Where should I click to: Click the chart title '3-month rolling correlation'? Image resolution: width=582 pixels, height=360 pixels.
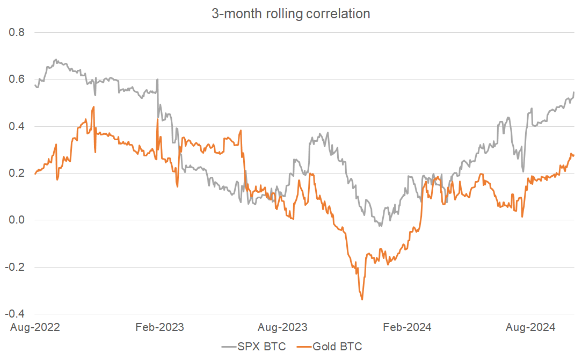coord(290,14)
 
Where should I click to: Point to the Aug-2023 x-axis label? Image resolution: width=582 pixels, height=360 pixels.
coord(284,327)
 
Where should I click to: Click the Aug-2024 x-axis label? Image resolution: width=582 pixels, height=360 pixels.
coord(532,327)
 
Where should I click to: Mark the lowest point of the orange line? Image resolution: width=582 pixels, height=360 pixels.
coord(362,299)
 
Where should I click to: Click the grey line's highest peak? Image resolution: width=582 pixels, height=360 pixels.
coord(55,60)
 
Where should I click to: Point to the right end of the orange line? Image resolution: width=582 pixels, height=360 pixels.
coord(574,155)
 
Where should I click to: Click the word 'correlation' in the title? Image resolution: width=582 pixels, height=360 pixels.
coord(338,14)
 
